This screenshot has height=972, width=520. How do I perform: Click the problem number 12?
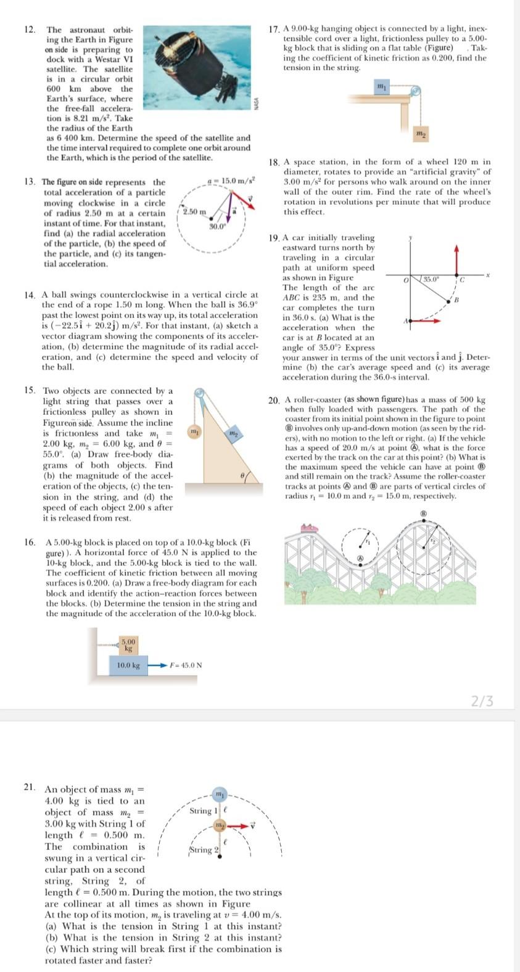[x=30, y=30]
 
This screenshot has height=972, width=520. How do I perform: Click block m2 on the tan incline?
[x=234, y=434]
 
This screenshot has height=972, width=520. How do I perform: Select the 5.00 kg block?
[x=128, y=645]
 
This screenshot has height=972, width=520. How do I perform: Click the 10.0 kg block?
[x=128, y=666]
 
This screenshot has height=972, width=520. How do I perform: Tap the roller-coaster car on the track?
[x=308, y=528]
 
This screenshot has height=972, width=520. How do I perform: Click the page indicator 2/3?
[x=482, y=701]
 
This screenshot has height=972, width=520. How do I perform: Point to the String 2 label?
[x=201, y=850]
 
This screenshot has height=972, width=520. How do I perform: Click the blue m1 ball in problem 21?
[x=220, y=793]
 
